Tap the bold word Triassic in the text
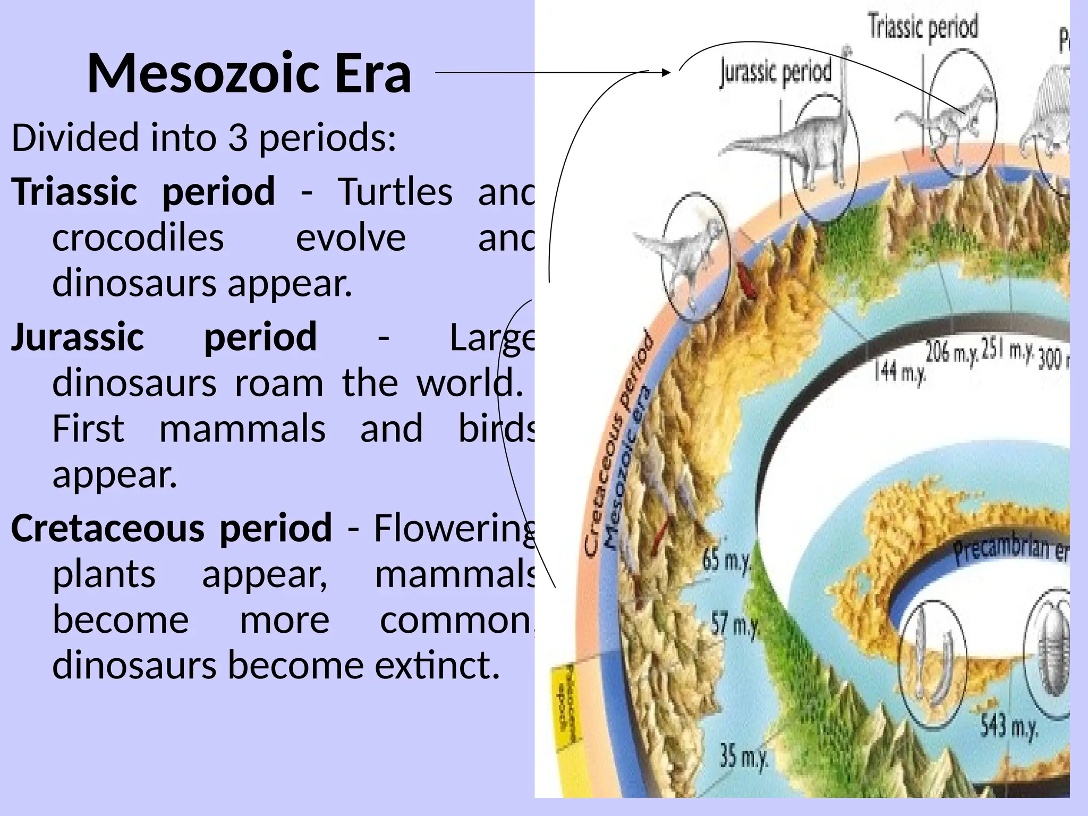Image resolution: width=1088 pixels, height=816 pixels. [75, 191]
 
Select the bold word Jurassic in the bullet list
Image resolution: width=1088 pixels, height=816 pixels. [78, 337]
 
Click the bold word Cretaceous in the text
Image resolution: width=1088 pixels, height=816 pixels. [108, 528]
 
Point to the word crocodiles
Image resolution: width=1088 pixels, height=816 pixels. [138, 237]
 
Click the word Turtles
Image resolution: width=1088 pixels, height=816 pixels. [395, 191]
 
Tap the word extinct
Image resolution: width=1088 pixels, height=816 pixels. [437, 665]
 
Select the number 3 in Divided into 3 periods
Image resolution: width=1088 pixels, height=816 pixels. [237, 137]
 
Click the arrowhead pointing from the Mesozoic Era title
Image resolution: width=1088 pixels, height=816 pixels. [666, 72]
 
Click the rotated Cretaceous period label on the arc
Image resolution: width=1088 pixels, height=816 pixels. [619, 444]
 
